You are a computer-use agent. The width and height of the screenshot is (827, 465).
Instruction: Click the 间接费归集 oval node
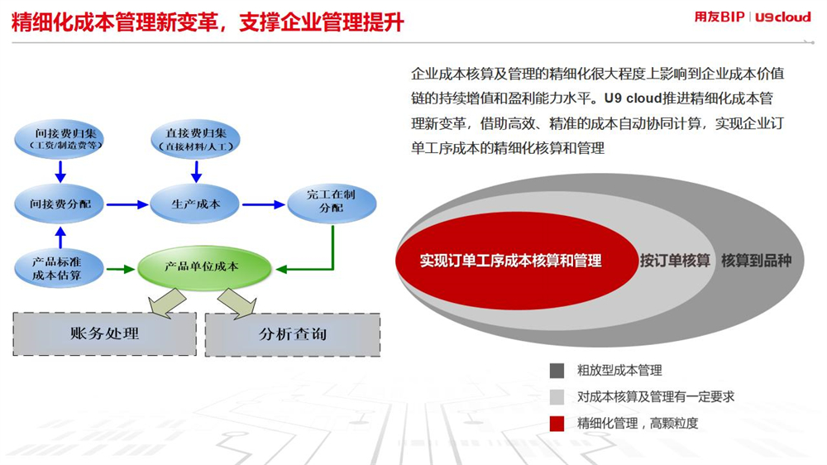click(x=59, y=139)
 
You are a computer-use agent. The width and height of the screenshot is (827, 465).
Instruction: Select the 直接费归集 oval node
click(x=196, y=139)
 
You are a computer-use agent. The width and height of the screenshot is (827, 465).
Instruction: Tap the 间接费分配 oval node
click(x=60, y=204)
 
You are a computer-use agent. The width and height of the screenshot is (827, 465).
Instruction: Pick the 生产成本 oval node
click(x=195, y=204)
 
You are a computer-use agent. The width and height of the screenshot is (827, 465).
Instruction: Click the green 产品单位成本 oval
click(x=204, y=267)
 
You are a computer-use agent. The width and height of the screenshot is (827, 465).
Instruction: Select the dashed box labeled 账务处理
click(x=104, y=333)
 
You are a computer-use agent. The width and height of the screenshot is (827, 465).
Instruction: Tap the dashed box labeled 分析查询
click(x=293, y=334)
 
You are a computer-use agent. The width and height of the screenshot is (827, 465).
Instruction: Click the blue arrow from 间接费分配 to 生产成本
click(x=127, y=204)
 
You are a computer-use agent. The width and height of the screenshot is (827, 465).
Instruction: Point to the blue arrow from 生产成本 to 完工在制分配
click(x=264, y=204)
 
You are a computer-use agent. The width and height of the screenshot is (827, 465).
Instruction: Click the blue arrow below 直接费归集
click(x=196, y=171)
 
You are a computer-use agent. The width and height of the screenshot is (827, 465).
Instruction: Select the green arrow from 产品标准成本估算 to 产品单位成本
click(x=121, y=269)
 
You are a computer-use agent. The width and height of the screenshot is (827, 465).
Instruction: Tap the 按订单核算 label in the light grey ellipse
click(x=675, y=260)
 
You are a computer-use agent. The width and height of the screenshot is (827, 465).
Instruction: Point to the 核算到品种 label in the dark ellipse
click(x=757, y=260)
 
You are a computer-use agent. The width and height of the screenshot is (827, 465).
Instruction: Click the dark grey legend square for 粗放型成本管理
click(x=557, y=371)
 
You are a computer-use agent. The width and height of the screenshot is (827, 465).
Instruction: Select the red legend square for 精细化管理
click(x=557, y=424)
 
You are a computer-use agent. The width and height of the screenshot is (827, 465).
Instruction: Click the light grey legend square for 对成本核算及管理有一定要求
click(x=557, y=397)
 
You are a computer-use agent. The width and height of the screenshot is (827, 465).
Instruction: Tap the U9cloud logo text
click(x=783, y=17)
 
